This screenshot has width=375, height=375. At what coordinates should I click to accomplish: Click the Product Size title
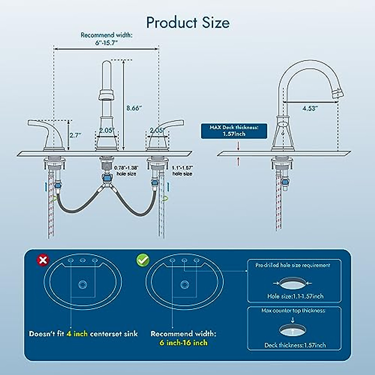coord(188,22)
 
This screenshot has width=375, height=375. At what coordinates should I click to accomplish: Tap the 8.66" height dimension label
coord(134,108)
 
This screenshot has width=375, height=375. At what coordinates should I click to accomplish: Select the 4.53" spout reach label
coord(310,108)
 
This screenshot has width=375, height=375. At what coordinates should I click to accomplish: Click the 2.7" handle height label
coord(75,135)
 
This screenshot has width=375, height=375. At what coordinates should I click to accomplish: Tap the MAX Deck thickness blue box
coord(234,131)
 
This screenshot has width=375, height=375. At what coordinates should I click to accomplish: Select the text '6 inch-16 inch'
coord(183,342)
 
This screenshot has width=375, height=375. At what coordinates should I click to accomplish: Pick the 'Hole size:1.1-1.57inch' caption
coord(295,296)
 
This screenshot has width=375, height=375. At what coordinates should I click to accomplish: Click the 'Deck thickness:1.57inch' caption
coord(295,345)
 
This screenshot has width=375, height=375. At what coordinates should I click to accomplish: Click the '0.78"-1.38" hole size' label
coord(126,171)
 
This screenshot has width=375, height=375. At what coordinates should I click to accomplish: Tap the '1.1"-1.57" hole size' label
coord(182,171)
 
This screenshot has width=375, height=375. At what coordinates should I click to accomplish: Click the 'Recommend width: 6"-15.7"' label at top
coord(106,39)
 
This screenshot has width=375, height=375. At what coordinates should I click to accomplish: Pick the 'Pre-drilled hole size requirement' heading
coord(292,265)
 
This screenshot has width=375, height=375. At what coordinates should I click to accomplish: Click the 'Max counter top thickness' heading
coord(293,311)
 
